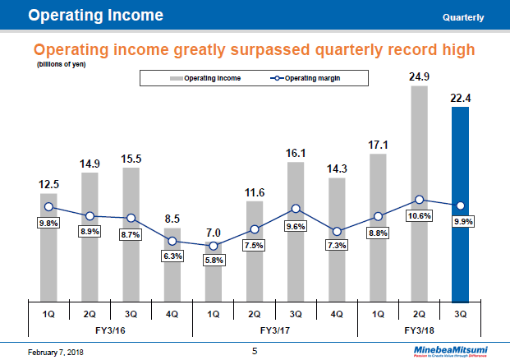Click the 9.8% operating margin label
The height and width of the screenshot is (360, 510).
click(49, 223)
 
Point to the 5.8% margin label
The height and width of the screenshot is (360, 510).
click(214, 261)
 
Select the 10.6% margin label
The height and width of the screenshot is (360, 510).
click(419, 215)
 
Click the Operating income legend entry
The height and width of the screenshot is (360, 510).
click(198, 78)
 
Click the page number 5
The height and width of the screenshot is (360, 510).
click(255, 351)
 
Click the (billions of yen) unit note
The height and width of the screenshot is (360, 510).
click(62, 63)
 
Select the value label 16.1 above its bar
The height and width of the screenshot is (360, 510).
click(296, 153)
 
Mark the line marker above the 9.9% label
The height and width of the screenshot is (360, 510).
click(460, 205)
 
